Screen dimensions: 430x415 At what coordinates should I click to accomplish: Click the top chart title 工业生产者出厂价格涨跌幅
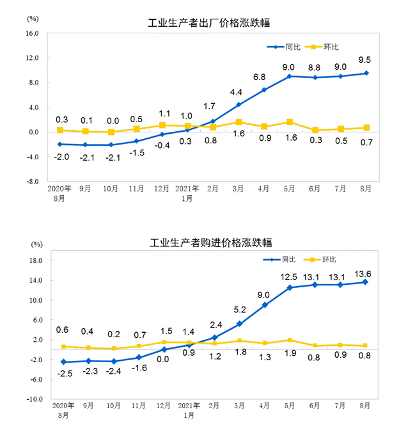tap(208, 23)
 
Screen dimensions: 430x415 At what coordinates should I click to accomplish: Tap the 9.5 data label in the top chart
tap(366, 61)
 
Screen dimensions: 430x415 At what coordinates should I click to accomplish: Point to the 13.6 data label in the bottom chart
tap(366, 274)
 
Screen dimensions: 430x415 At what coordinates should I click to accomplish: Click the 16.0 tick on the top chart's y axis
tap(33, 33)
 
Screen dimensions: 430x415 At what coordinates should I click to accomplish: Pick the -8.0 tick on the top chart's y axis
tap(33, 182)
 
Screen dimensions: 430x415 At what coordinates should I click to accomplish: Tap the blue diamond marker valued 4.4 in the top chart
tap(239, 105)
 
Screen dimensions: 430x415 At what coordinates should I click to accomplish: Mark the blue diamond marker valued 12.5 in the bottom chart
tap(290, 287)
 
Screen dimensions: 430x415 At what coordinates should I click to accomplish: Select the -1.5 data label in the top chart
tap(136, 154)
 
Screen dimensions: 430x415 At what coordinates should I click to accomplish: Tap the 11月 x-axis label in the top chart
tap(136, 189)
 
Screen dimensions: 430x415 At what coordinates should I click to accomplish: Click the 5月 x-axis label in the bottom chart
tap(289, 406)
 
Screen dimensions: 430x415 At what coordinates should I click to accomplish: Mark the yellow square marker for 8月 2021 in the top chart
tap(366, 127)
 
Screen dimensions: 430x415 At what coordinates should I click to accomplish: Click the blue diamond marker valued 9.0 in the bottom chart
tap(264, 305)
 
